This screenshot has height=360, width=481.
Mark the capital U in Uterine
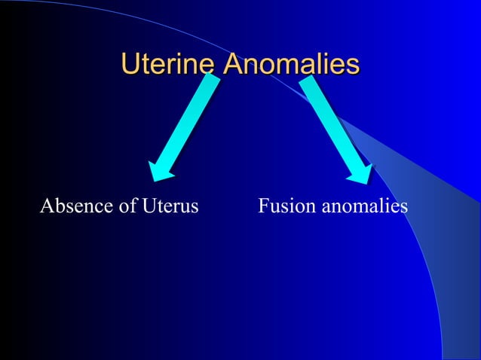tap(130, 64)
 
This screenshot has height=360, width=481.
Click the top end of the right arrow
tap(309, 81)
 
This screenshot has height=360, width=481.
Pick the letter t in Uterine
tap(146, 64)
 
